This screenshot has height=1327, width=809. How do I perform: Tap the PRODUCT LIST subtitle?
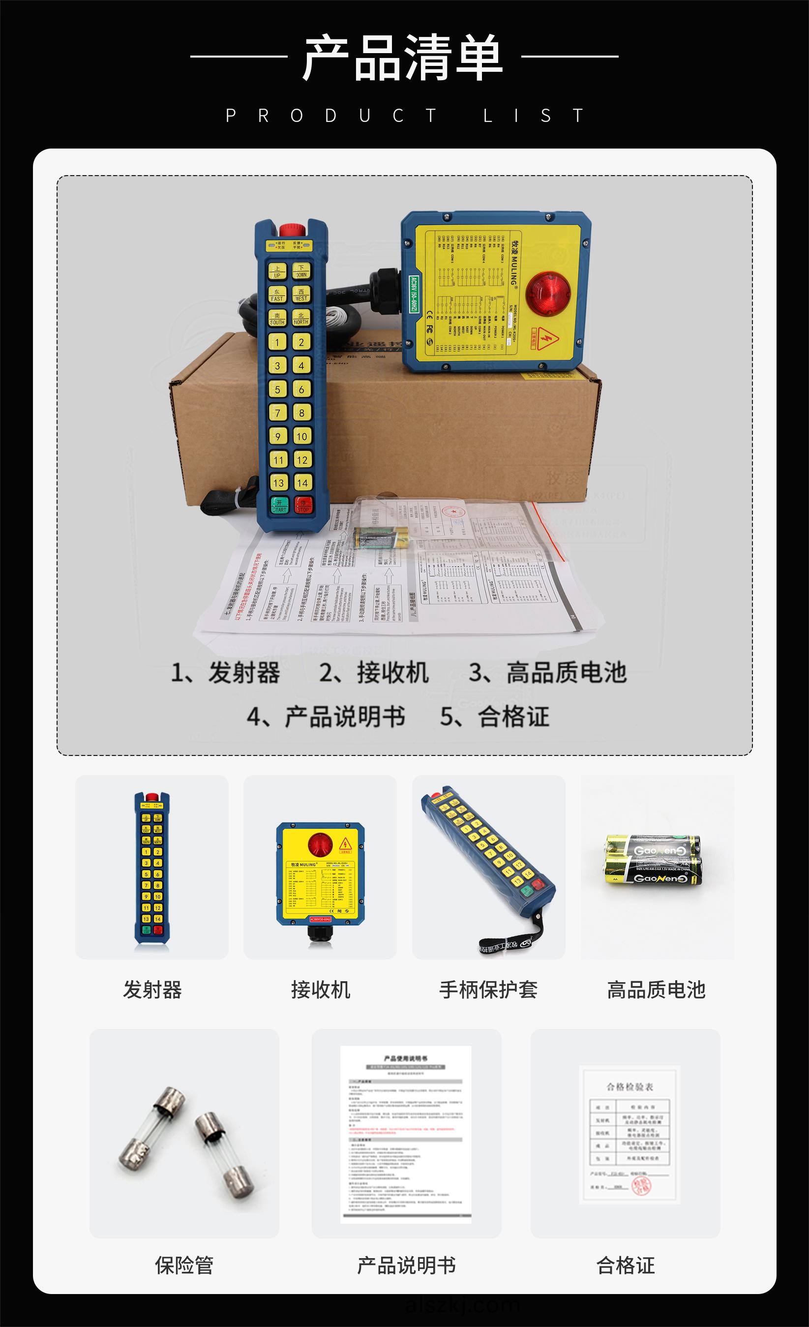coord(404,116)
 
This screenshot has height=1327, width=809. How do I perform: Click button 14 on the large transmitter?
coord(302,483)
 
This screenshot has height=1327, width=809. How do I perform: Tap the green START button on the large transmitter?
coord(279,505)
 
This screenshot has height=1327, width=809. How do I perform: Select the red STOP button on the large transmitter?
coord(303,505)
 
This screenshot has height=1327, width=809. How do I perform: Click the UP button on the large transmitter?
coord(277,271)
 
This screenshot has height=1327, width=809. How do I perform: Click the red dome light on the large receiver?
coord(548,293)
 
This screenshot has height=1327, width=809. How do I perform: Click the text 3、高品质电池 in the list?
coord(547,673)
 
